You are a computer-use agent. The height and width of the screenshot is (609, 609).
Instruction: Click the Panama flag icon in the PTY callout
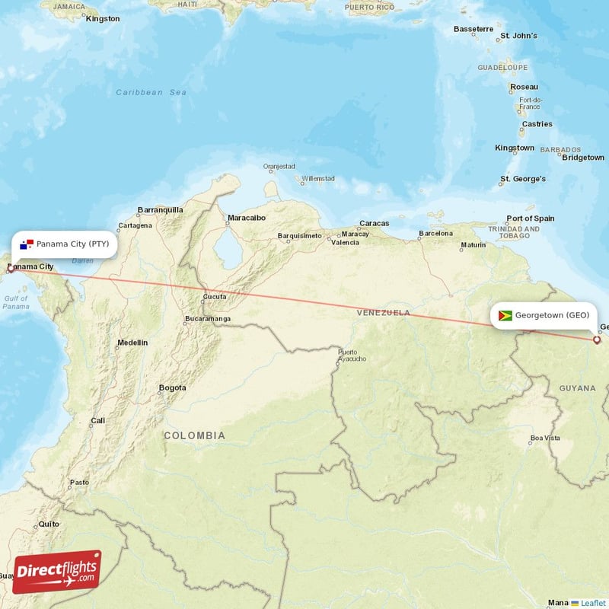(27, 244)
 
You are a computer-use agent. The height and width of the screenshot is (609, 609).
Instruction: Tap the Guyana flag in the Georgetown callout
(505, 314)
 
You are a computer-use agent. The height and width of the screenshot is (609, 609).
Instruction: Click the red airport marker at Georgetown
(597, 340)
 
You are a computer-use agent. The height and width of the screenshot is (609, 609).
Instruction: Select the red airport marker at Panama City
(10, 268)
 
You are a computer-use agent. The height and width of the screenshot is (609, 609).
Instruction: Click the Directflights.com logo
(57, 572)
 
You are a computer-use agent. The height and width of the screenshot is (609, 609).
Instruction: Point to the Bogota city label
(172, 387)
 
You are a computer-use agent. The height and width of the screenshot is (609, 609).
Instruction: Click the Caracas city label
(375, 223)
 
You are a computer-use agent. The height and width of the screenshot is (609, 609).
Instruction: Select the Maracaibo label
(246, 218)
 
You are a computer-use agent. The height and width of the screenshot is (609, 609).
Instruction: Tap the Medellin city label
(132, 343)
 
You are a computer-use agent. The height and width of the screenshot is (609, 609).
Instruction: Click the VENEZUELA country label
(384, 312)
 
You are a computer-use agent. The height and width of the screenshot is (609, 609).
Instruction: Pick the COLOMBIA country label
(194, 435)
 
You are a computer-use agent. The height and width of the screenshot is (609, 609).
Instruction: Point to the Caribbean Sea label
(151, 92)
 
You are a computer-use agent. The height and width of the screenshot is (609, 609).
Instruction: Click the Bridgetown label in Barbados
(583, 158)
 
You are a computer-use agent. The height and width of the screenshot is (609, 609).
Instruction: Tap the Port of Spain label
(531, 218)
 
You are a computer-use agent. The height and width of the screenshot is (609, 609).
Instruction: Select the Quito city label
(49, 524)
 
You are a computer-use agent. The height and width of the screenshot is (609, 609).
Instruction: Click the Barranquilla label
(160, 209)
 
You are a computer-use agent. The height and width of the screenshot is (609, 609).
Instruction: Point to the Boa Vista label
(545, 438)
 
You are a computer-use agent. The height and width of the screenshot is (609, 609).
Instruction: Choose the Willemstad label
(318, 179)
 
